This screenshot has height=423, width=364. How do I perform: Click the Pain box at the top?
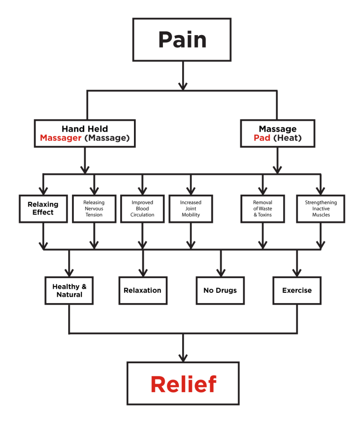[182, 40]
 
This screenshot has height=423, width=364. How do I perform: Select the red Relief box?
[183, 384]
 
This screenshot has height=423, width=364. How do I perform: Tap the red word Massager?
[60, 138]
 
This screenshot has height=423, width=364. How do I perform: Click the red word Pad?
[262, 138]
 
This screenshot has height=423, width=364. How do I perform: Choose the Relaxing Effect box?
[43, 208]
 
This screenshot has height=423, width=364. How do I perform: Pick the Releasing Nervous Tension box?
[94, 208]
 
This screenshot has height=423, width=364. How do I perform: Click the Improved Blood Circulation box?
[142, 208]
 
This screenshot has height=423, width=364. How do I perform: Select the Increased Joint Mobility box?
[191, 208]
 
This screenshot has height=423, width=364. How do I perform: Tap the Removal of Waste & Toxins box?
[263, 208]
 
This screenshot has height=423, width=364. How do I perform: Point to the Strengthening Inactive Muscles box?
[320, 208]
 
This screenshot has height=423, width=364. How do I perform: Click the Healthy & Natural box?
[69, 290]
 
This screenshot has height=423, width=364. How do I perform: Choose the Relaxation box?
[142, 290]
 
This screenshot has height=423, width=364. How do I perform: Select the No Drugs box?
[220, 290]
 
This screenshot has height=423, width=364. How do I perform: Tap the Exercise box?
[297, 290]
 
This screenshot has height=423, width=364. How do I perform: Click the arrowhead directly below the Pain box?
[182, 85]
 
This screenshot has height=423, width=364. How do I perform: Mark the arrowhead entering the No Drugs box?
[220, 272]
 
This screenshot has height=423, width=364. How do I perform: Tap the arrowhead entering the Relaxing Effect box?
[43, 190]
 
